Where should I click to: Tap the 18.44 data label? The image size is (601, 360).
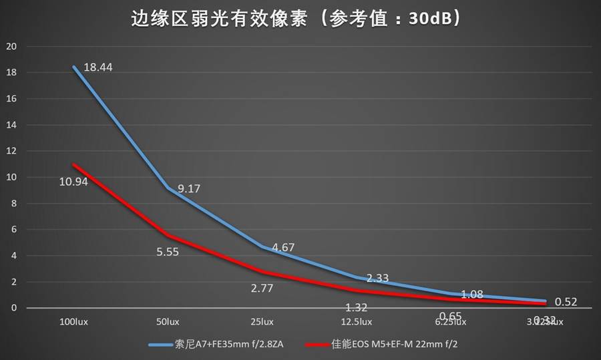pos(98,67)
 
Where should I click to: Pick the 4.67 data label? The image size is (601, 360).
pos(280,247)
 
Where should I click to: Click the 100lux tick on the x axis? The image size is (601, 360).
pos(73,322)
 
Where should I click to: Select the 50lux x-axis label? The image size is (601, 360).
pos(168,322)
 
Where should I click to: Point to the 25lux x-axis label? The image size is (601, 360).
pos(262,322)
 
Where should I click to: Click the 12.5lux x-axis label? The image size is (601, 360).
pos(357,322)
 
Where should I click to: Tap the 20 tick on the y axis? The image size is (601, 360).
pos(11,47)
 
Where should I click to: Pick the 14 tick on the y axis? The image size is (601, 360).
pos(11,125)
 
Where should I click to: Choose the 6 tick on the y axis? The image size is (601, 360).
pos(13,229)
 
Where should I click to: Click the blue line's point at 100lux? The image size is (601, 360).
pos(73,67)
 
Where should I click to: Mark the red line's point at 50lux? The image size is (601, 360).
pos(168,236)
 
